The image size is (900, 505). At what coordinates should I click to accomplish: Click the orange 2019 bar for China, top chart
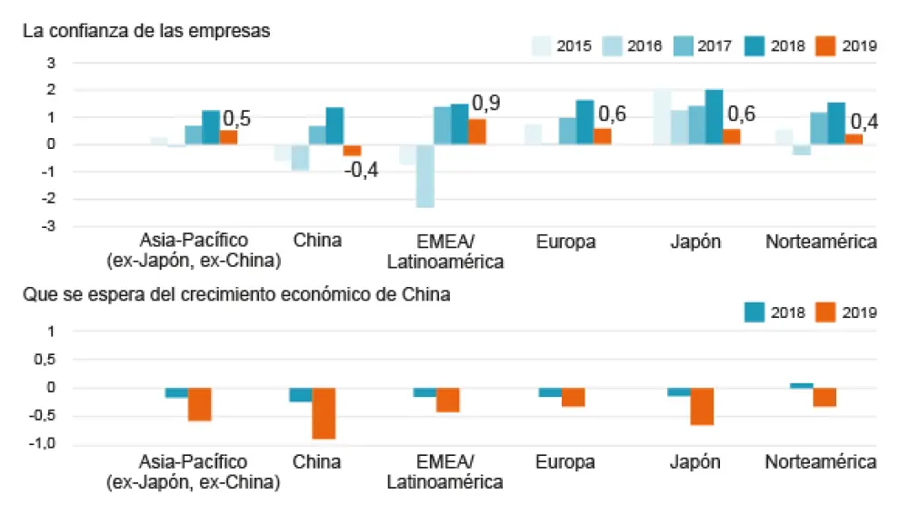coord(352,150)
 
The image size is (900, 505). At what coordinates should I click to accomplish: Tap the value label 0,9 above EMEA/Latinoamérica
coord(485,103)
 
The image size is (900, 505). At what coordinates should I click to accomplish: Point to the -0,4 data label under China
coord(361,171)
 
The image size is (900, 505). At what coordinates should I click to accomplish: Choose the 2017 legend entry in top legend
coord(700,45)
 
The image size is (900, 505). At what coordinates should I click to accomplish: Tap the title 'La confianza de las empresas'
coord(146,31)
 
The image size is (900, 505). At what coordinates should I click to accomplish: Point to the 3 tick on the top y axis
coord(52,63)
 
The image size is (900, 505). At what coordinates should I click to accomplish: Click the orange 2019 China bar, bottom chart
coord(324,413)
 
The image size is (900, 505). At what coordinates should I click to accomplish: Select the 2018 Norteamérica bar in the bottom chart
coord(801,385)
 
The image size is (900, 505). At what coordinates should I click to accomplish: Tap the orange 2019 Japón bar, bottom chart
coord(702,406)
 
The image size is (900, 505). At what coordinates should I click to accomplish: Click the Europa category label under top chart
coord(566,241)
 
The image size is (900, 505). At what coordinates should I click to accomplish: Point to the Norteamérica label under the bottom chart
coord(821,462)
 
